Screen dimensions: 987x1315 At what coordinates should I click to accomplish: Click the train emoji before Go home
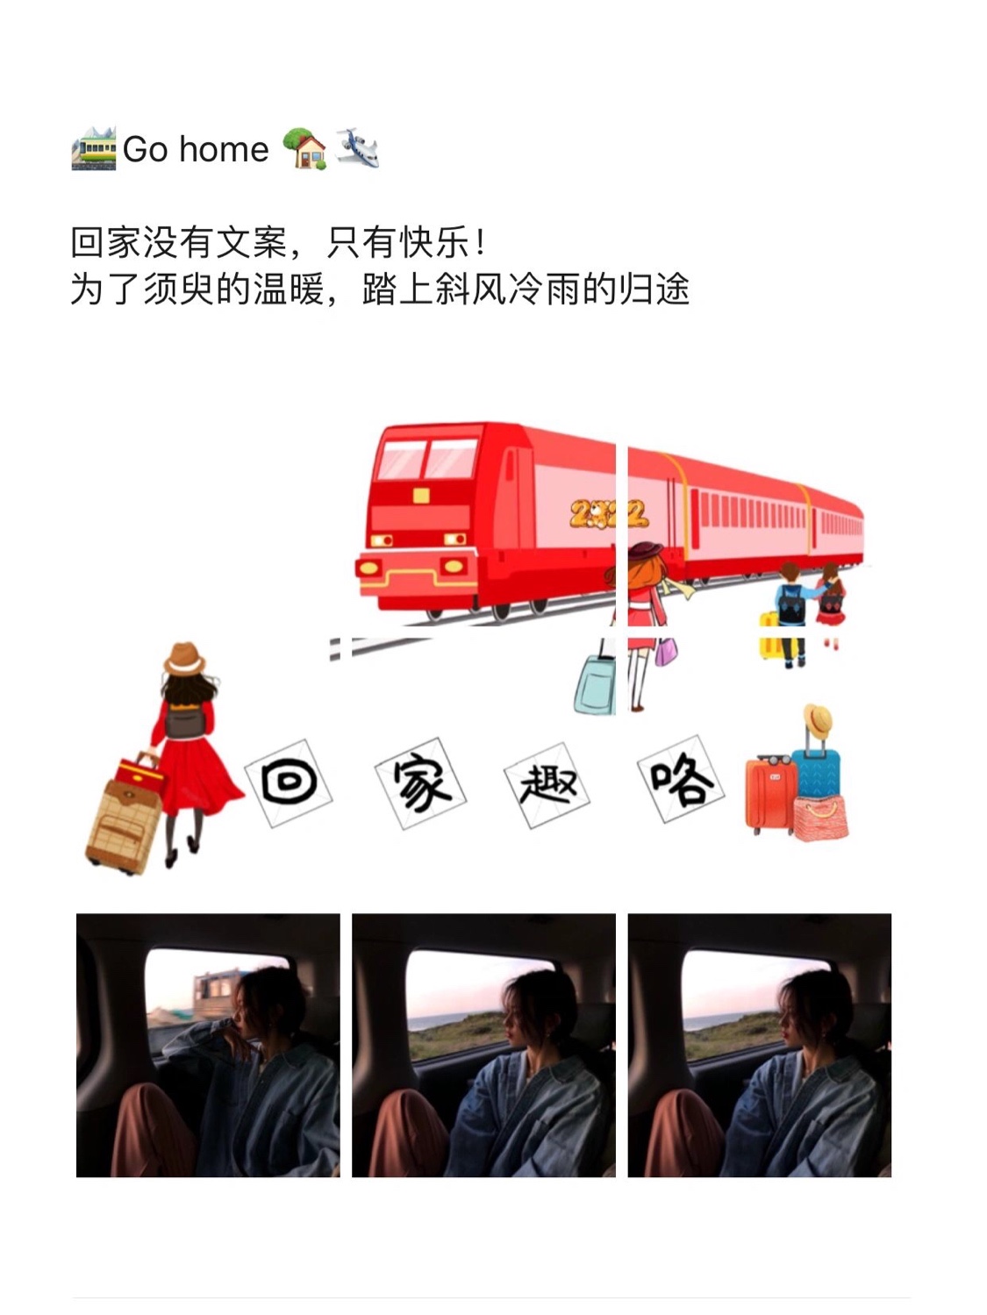[93, 148]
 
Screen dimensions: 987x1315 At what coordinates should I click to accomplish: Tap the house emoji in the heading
[305, 148]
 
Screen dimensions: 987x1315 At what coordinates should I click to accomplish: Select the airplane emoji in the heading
[358, 148]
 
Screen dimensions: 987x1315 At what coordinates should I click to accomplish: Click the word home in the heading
[224, 149]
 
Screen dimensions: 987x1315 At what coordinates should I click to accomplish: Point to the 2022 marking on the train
[609, 514]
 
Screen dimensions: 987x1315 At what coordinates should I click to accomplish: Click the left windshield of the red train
[402, 459]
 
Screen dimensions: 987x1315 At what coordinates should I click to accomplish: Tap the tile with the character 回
[288, 783]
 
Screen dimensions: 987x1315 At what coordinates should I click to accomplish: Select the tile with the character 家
[420, 783]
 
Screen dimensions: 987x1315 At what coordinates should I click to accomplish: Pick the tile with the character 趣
[547, 785]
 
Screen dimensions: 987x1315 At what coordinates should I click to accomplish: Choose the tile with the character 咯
[681, 779]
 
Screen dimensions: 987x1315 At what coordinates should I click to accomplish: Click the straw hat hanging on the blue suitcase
[818, 722]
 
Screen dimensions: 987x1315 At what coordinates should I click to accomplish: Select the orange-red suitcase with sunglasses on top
[770, 794]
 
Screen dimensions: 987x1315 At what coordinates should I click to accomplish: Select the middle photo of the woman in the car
[483, 1045]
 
